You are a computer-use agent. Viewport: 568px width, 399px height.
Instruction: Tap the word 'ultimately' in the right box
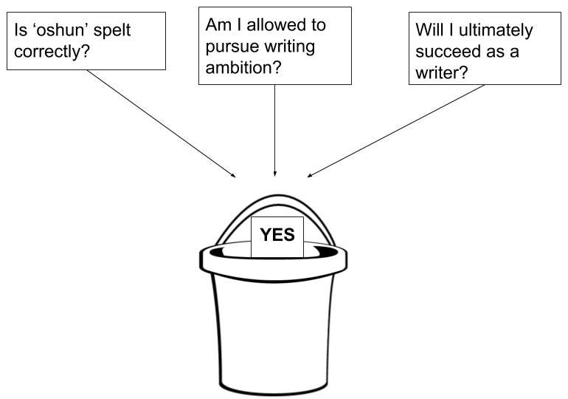coord(493,30)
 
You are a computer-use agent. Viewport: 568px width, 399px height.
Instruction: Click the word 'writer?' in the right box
coord(442,73)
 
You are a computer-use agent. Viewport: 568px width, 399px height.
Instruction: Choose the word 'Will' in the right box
coord(429,30)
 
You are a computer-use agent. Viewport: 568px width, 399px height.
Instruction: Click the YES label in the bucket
coord(277,236)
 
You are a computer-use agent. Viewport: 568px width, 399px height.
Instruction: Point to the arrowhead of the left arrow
coord(234,176)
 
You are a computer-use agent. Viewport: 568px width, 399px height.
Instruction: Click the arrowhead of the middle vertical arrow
coord(274,174)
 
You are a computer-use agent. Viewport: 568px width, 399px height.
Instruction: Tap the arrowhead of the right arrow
coord(310,176)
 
